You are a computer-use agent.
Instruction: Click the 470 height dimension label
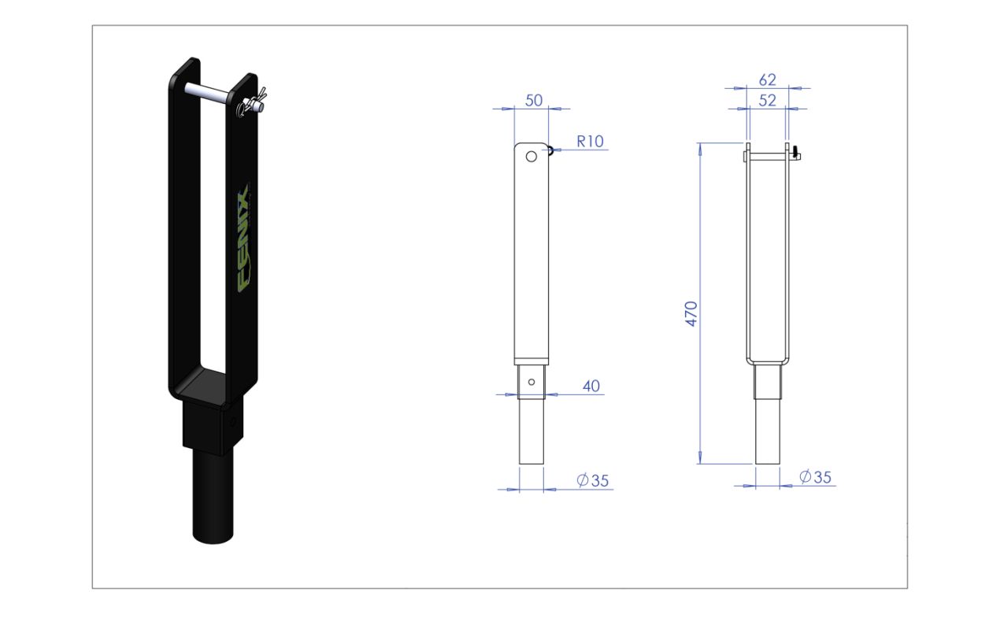[691, 313]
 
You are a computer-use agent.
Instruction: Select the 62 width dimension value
[768, 80]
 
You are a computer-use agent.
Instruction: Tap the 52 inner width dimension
[768, 101]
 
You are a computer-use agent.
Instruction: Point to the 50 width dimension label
[534, 101]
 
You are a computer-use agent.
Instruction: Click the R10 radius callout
[591, 142]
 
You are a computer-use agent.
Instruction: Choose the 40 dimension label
[591, 386]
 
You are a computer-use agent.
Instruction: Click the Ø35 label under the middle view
[593, 480]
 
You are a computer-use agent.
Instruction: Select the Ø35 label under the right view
[815, 477]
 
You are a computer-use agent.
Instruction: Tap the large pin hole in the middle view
[531, 157]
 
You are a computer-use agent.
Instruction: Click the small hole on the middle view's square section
[531, 382]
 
